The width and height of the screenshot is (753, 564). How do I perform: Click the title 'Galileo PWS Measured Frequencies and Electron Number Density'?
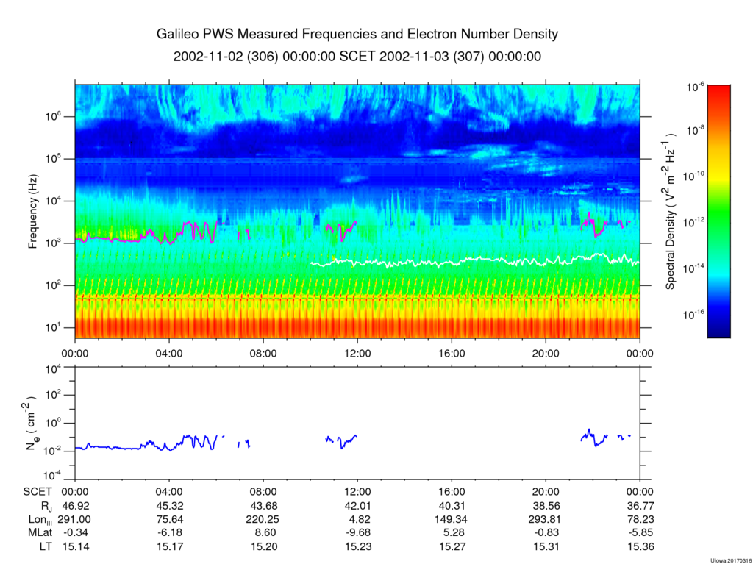(357, 34)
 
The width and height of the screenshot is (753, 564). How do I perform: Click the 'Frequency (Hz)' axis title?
(33, 212)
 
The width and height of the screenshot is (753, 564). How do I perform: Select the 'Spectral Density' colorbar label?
(671, 211)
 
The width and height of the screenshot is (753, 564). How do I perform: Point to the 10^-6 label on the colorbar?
(696, 87)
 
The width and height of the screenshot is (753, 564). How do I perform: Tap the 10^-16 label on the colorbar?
(695, 314)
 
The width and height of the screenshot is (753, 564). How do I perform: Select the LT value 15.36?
(640, 546)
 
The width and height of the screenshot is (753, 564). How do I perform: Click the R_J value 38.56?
(546, 505)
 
